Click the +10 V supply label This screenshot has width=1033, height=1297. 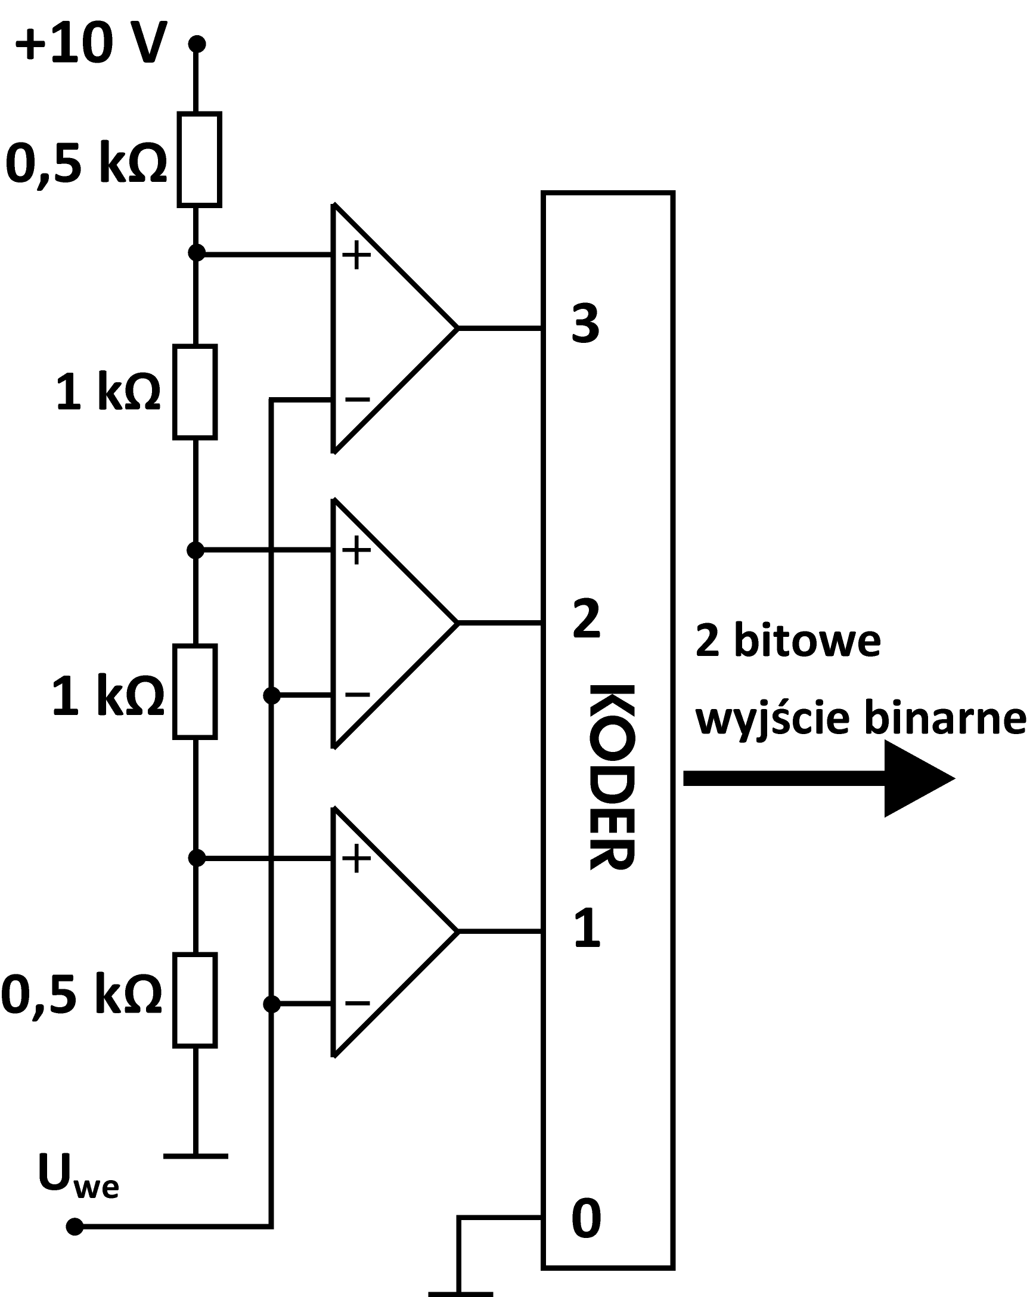[x=90, y=44]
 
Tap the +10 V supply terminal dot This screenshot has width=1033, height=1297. [x=197, y=44]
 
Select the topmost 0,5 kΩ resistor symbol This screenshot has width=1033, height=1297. [x=199, y=159]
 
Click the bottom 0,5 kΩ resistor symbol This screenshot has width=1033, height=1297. [x=195, y=1001]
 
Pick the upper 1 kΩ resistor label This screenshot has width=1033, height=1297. [x=108, y=392]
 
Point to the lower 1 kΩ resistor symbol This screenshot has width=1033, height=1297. [x=195, y=692]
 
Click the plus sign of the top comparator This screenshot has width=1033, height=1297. [x=356, y=255]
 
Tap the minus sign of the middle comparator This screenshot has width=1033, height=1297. [x=357, y=695]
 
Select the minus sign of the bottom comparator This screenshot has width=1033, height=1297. [x=357, y=1003]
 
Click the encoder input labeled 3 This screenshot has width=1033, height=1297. [x=585, y=324]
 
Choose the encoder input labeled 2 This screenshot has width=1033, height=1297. [x=587, y=619]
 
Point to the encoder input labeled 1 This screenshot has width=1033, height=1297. [x=587, y=928]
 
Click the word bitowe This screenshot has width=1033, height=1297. [x=807, y=640]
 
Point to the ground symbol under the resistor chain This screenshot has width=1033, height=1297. [x=196, y=1156]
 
